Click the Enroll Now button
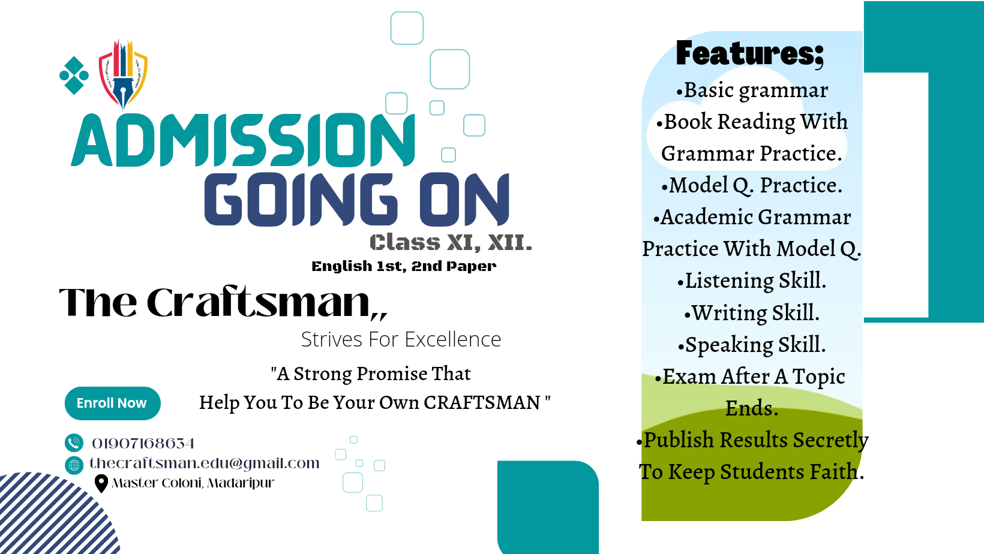112,403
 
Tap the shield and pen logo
123,74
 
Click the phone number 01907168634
143,443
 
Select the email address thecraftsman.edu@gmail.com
204,463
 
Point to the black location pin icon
101,484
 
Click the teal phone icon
74,443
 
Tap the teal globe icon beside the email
74,465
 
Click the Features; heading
749,53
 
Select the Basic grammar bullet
752,91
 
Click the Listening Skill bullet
752,281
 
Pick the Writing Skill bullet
752,312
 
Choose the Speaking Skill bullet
752,345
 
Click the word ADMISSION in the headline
243,140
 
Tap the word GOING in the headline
301,199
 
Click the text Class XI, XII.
451,243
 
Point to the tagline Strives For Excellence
401,339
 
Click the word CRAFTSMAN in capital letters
482,402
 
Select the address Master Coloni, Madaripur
193,483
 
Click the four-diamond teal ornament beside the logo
74,76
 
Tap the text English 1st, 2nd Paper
404,266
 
